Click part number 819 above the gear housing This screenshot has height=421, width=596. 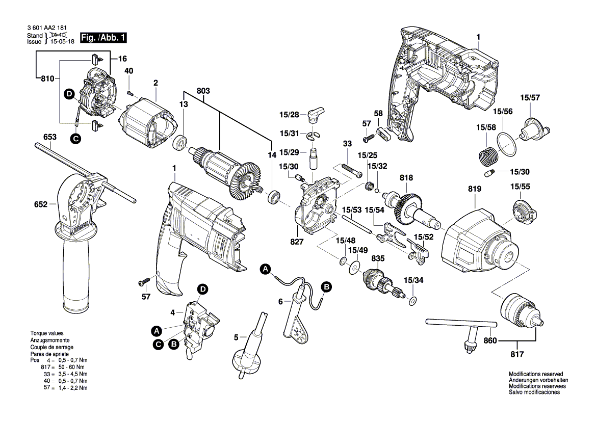pos(474,189)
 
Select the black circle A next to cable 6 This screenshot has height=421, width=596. pos(265,270)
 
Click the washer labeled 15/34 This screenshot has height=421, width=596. pos(412,299)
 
